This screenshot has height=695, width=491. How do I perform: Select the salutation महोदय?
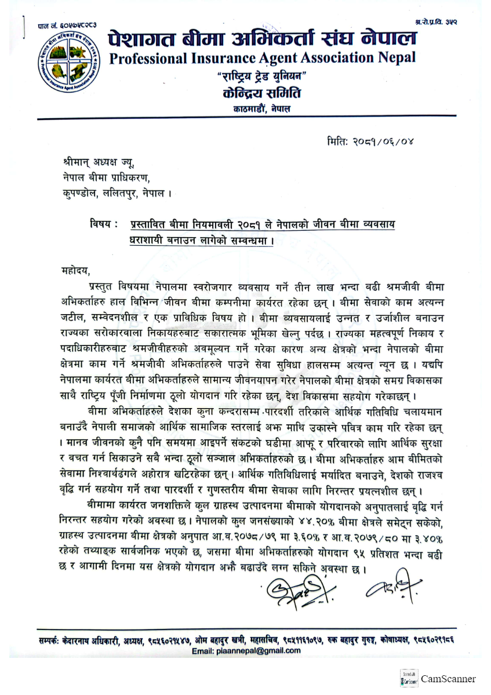click(x=76, y=270)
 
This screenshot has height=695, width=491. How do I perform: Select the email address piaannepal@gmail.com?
click(x=246, y=650)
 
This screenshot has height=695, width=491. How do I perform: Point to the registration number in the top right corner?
click(x=436, y=21)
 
